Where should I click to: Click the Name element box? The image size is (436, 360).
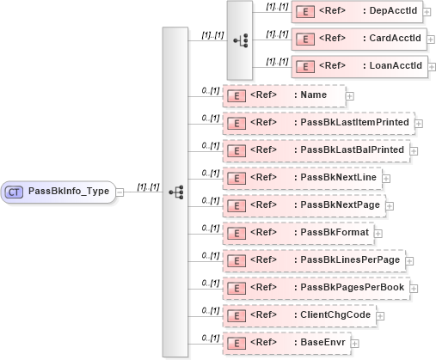[283, 95]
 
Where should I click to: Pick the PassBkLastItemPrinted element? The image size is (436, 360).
[317, 123]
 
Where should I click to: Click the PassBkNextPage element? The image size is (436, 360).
[302, 205]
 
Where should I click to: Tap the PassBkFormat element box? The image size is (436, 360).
[298, 233]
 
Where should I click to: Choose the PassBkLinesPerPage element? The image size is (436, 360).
[313, 259]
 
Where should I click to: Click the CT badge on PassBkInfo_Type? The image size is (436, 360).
[15, 191]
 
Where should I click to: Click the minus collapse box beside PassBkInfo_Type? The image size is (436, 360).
[120, 191]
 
